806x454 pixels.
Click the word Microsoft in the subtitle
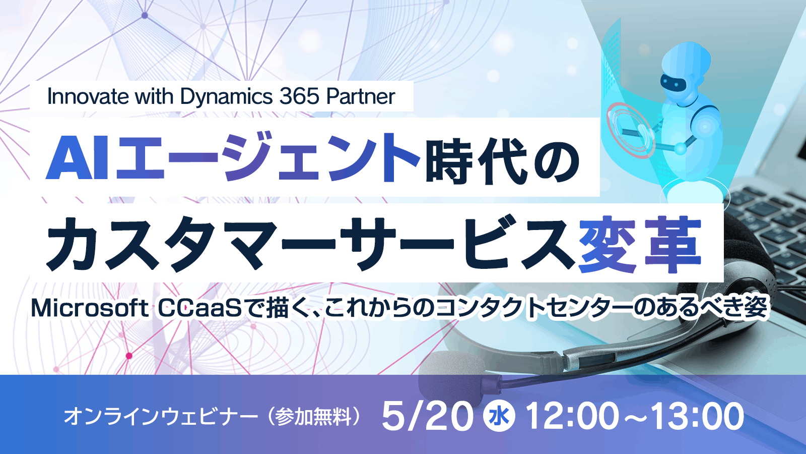coord(90,308)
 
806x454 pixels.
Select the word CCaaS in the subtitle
coord(200,308)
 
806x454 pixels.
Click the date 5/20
coord(427,417)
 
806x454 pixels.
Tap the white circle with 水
coord(499,417)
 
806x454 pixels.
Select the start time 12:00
coord(572,417)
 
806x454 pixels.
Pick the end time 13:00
coord(698,417)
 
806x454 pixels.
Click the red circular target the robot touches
coord(627,126)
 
